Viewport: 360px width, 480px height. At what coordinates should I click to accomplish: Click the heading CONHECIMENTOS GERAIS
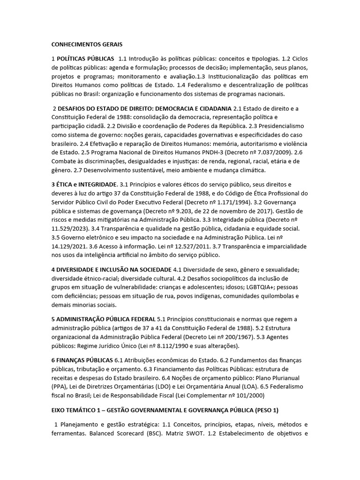pos(87,45)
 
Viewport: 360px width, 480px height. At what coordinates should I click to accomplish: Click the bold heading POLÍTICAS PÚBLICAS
pos(85,59)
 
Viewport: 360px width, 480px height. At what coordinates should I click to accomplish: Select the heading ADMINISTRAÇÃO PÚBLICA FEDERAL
pos(106,319)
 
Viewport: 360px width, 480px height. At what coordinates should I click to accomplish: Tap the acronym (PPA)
pos(59,386)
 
